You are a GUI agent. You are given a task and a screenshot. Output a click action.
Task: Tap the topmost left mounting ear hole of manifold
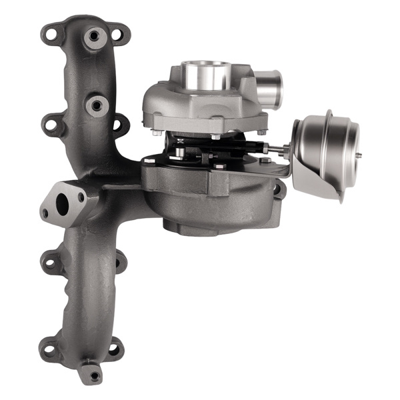(49, 31)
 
